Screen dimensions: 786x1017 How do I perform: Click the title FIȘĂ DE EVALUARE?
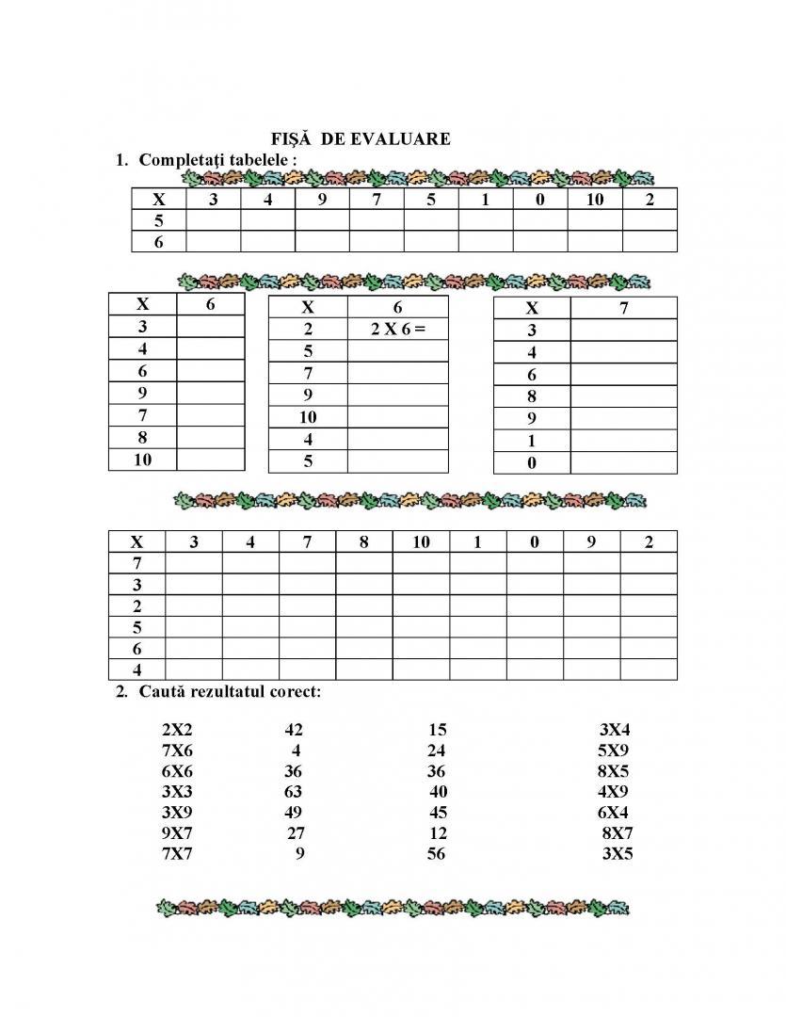coord(361,139)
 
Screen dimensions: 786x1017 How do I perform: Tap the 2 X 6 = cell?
coord(398,329)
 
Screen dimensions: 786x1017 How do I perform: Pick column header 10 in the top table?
coord(595,199)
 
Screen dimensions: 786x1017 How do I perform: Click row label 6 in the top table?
coord(158,242)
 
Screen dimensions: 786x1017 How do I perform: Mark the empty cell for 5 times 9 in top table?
coord(322,220)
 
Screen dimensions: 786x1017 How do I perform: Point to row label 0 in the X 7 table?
coord(532,463)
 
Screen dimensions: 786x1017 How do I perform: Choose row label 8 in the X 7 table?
coord(532,396)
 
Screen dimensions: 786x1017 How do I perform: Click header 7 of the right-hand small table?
coord(623,308)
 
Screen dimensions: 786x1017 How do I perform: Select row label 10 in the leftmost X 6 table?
coord(142,460)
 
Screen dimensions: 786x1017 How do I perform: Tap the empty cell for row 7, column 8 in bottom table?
coord(363,563)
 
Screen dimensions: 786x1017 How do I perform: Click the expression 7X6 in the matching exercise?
coord(177,751)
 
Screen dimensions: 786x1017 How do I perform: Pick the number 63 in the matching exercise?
coord(293,792)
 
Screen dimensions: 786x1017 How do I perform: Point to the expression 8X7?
coord(617,833)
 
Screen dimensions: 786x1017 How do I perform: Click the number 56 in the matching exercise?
coord(436,854)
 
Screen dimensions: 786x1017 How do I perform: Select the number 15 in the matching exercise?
coord(437,730)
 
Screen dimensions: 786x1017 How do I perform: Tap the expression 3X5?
coord(617,854)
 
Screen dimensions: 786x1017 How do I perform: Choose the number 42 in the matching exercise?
coord(293,730)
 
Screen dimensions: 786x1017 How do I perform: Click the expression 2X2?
coord(177,730)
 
